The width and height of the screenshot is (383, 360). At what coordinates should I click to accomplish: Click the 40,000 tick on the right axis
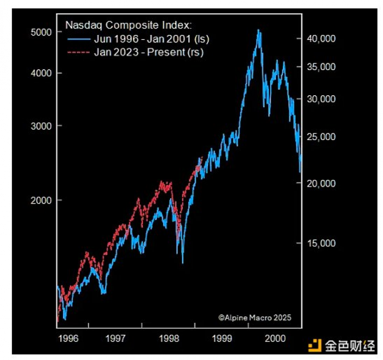click(322, 39)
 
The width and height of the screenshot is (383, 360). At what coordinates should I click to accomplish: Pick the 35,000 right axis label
click(322, 67)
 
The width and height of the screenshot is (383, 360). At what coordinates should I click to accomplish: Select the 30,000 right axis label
click(322, 99)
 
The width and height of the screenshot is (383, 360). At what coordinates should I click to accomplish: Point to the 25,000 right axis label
click(322, 137)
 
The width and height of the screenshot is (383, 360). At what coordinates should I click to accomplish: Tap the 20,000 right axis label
click(322, 183)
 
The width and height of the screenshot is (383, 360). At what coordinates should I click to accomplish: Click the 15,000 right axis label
click(322, 243)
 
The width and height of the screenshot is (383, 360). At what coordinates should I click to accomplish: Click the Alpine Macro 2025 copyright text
click(255, 317)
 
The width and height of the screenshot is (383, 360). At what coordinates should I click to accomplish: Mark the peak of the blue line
click(258, 30)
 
